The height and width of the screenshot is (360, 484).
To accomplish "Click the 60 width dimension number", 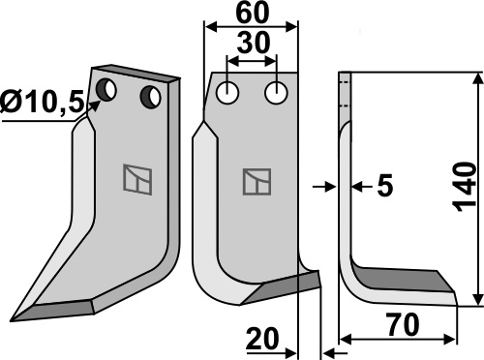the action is [x=252, y=14].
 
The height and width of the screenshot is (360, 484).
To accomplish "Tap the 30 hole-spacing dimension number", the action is [x=253, y=43].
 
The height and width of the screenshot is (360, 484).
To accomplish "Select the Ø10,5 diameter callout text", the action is [x=43, y=101].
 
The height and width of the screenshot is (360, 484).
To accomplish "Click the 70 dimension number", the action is [x=404, y=325].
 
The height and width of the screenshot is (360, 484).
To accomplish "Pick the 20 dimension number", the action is [x=262, y=339].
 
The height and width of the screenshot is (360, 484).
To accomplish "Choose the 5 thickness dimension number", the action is [x=385, y=186].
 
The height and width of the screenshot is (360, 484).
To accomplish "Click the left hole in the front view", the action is [x=227, y=94].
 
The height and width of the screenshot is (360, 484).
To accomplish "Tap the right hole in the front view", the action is [x=276, y=93].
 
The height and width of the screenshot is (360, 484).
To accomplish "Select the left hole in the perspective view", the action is [x=106, y=89].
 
